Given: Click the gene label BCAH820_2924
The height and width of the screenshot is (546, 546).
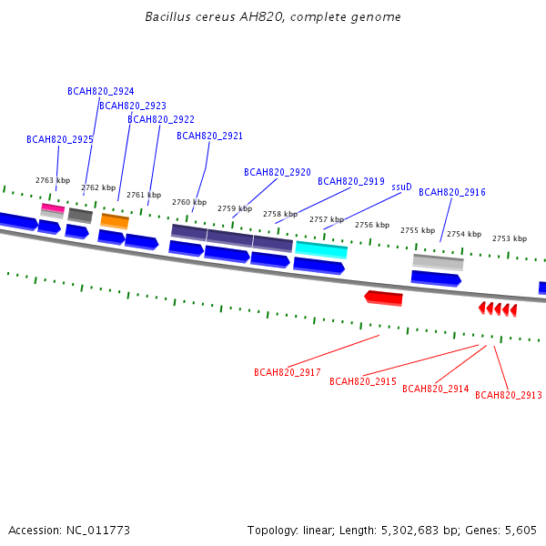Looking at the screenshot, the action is point(101,91).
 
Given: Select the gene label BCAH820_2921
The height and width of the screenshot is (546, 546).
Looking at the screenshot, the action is point(209,136).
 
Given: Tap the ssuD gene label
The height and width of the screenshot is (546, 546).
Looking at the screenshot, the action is point(401,187).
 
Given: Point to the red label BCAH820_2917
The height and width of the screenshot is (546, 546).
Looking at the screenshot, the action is point(288,372).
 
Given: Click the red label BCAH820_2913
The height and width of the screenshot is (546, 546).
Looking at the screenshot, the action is point(509,395).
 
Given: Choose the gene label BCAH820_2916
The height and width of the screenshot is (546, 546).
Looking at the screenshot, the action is point(452,192).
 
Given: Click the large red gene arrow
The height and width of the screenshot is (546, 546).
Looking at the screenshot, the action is point(383,298).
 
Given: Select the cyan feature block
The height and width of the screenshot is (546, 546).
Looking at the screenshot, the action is point(321,249).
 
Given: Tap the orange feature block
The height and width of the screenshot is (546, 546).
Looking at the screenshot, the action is point(115,221).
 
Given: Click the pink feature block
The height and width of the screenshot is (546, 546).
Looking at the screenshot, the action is point(53,207).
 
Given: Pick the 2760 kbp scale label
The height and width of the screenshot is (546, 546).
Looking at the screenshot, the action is point(189,202).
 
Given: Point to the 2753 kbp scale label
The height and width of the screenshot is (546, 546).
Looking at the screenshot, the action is point(510,238).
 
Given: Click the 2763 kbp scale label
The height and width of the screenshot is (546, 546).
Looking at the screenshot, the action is point(53,180).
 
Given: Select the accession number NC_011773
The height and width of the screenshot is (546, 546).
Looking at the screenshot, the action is point(98,531).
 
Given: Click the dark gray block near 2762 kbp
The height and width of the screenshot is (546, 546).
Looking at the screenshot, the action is point(80,216).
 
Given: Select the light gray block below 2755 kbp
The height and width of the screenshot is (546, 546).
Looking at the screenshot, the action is point(438,262).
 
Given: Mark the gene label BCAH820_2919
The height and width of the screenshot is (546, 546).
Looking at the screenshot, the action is point(351,181).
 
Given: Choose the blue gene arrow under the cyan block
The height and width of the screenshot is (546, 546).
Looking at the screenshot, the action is point(319,266).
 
